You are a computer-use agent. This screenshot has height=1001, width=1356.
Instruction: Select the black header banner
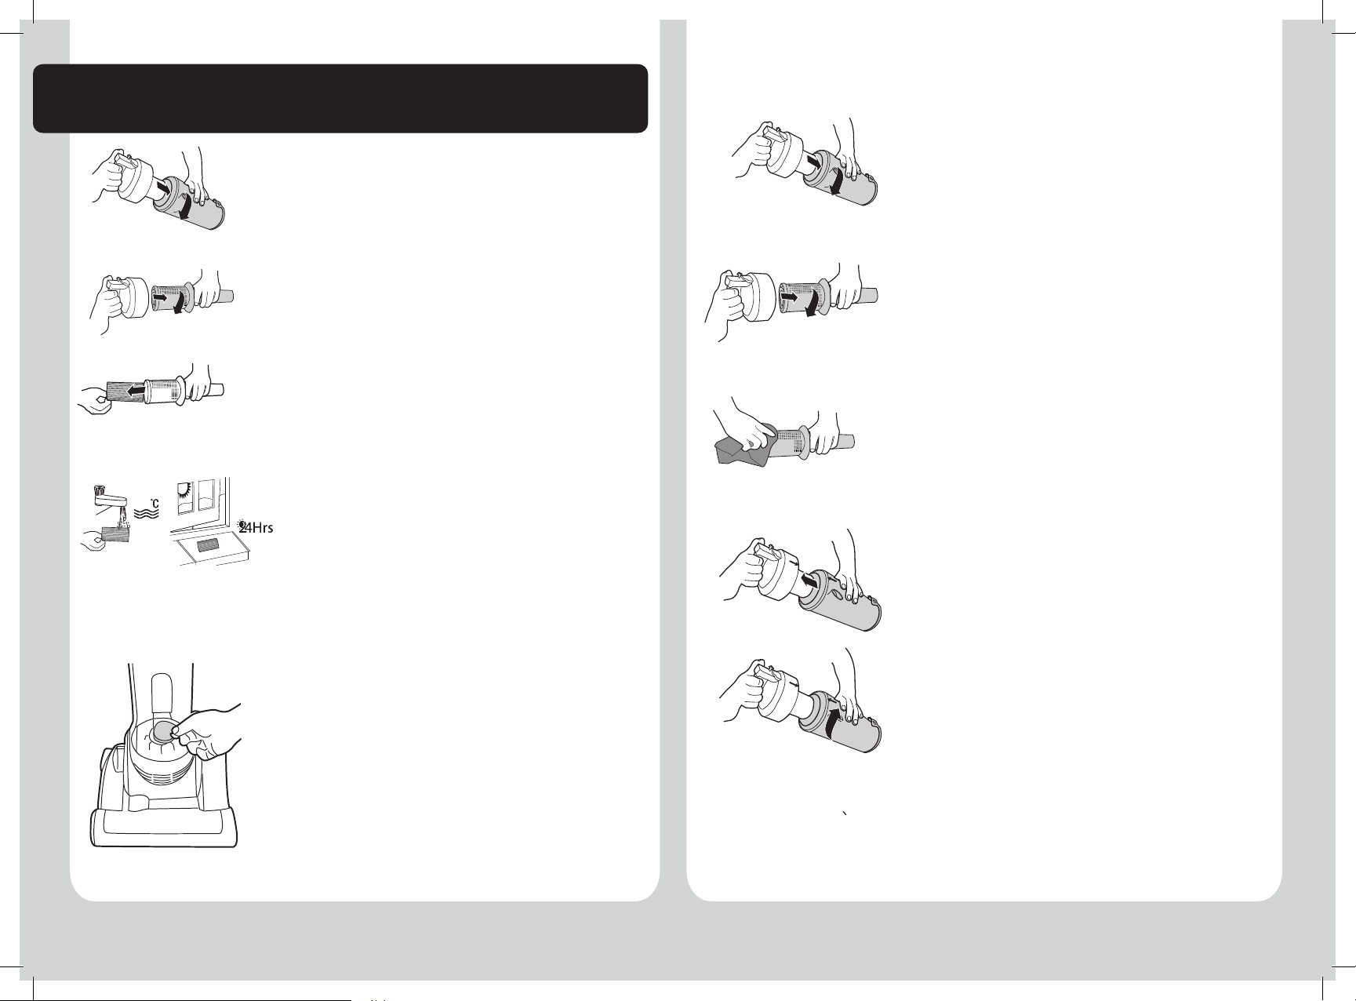(x=340, y=99)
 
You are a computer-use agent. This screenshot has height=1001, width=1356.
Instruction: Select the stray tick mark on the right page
(x=843, y=815)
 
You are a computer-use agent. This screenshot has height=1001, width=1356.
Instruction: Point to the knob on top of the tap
(x=100, y=489)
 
